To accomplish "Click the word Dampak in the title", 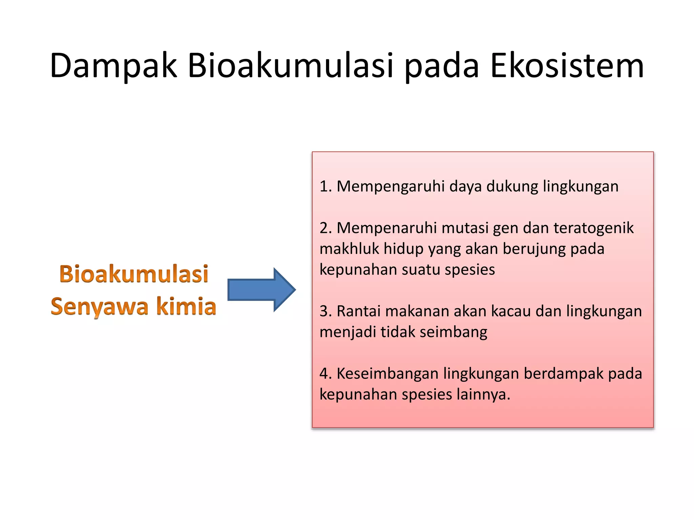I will coord(114,66).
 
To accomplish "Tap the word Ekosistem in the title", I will coord(567,66).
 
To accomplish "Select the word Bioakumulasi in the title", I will coord(290,66).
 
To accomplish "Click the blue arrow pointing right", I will coord(261,290).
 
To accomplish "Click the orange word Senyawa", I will coord(100,307).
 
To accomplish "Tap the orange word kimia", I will coord(186,306).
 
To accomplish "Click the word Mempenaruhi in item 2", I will coord(387,228).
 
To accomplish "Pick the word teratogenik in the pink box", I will coord(593,228).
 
